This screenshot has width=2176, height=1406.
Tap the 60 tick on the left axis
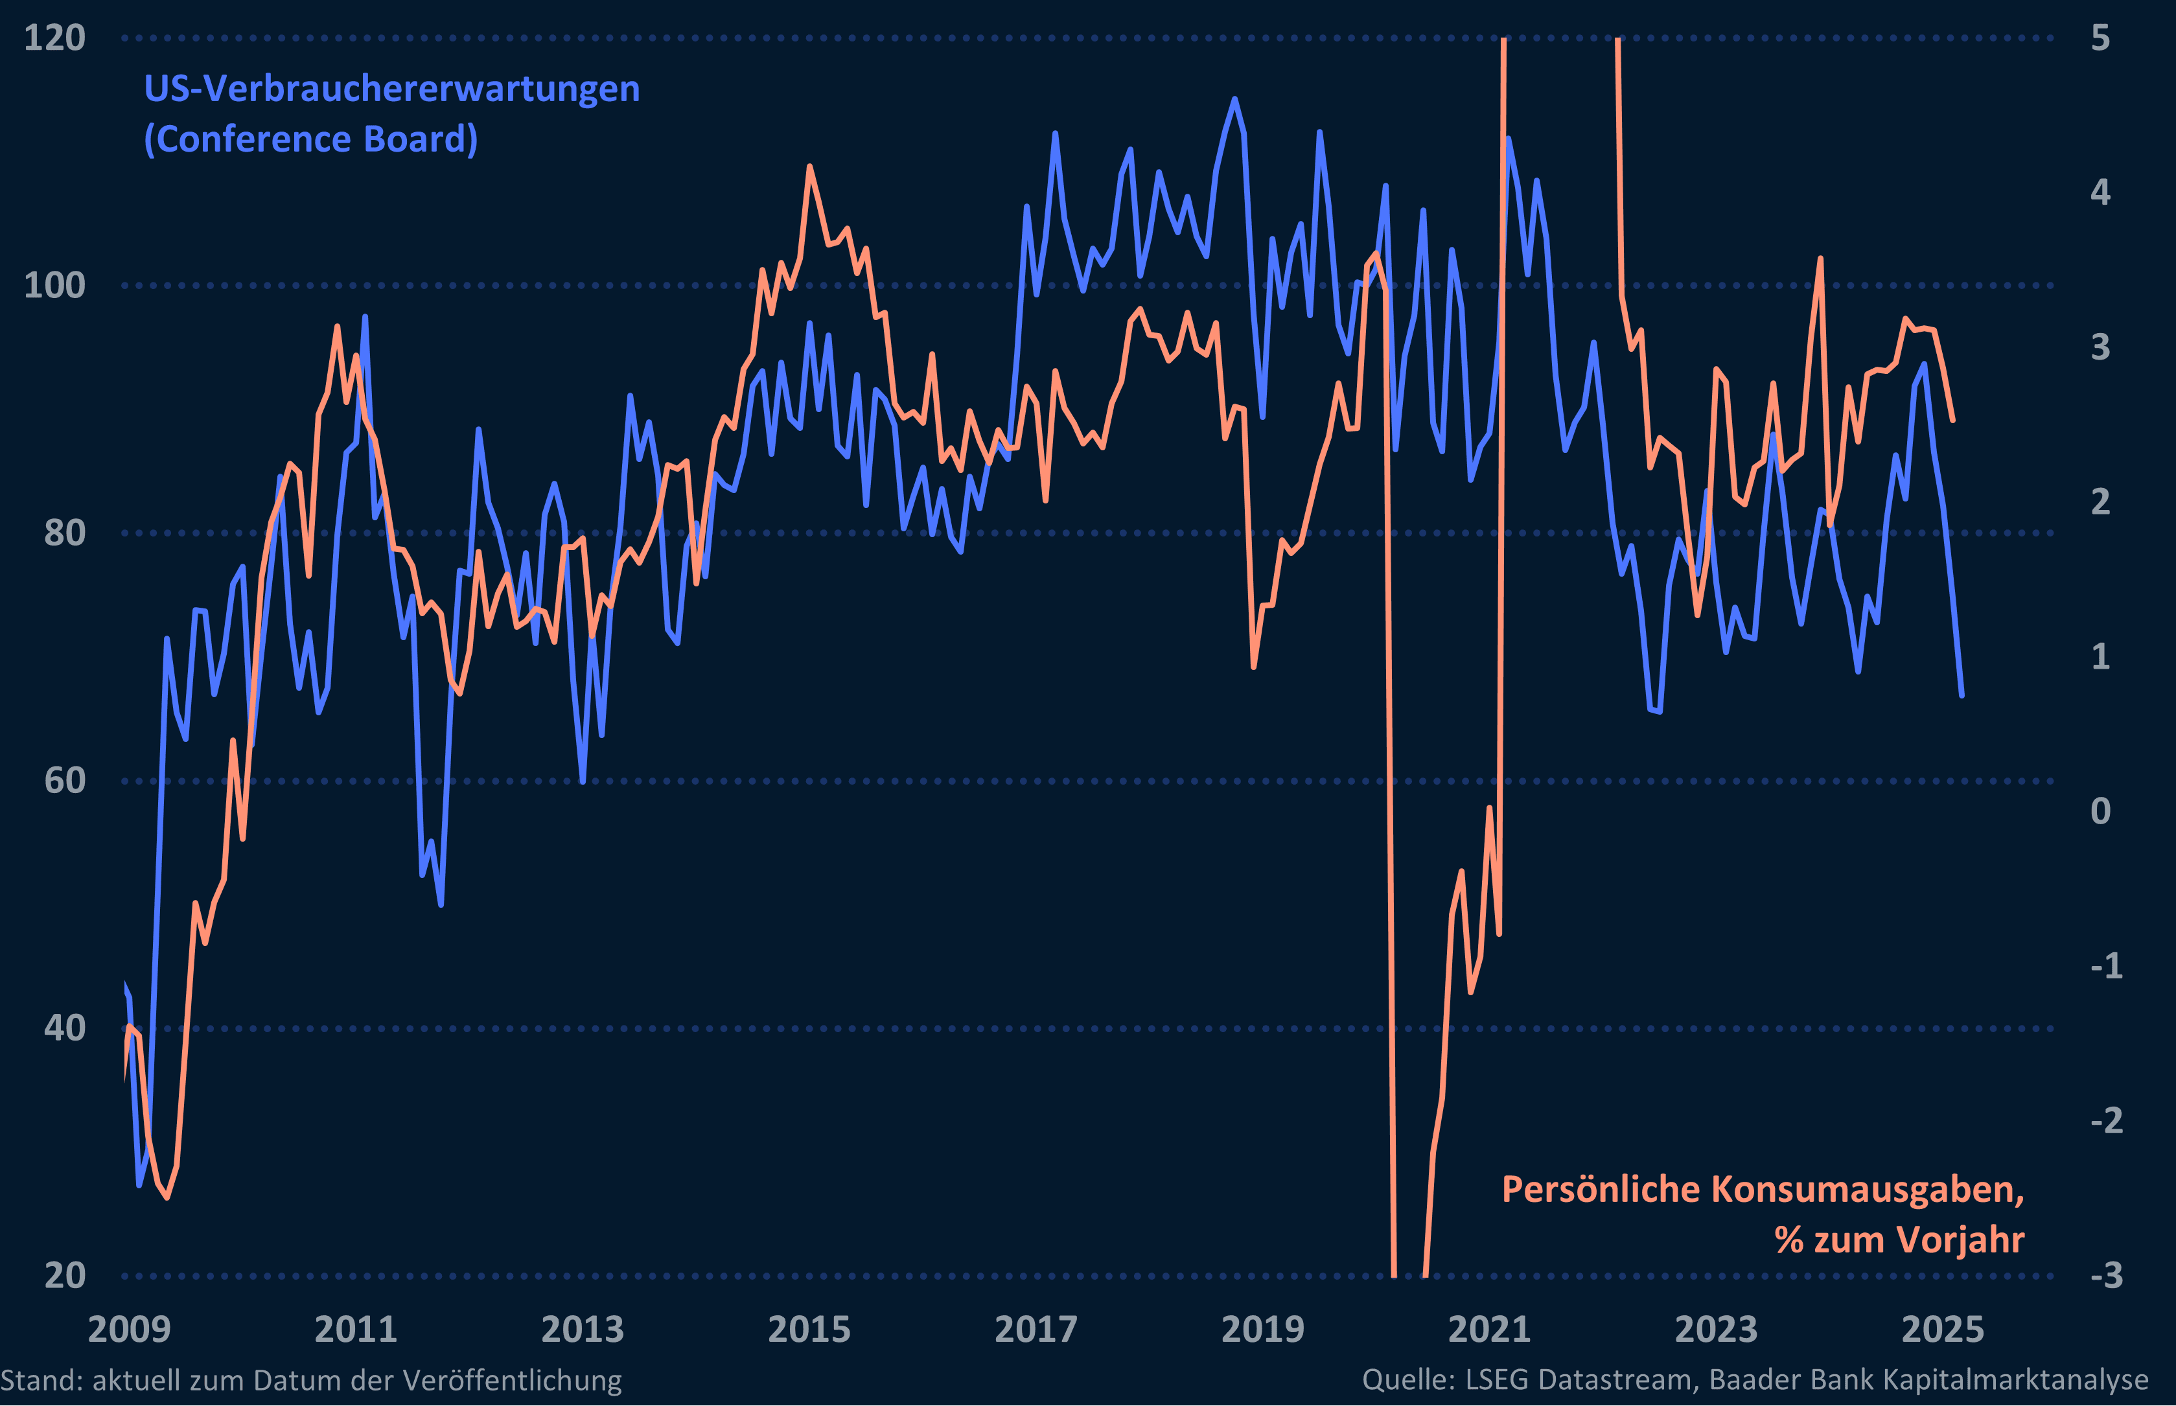[64, 781]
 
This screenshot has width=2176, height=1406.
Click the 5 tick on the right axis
[2100, 38]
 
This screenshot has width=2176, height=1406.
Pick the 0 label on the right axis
[2100, 811]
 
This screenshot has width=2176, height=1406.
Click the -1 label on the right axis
[2107, 966]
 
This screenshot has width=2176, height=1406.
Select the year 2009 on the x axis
[129, 1330]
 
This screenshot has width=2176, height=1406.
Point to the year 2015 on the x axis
[809, 1330]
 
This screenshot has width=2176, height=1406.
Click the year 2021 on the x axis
[1489, 1330]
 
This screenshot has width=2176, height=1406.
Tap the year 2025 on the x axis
[1942, 1330]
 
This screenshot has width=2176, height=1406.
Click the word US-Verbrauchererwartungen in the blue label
[392, 89]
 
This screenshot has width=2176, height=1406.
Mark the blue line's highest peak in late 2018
[1234, 98]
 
